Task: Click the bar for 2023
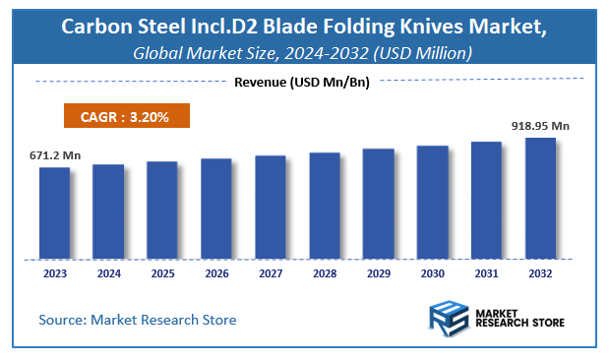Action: click(x=54, y=212)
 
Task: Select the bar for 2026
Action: click(x=216, y=208)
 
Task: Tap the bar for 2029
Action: click(x=378, y=204)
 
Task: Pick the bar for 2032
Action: click(x=540, y=198)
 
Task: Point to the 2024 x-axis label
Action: click(x=108, y=274)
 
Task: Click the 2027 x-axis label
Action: click(x=270, y=274)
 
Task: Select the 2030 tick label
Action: click(x=432, y=274)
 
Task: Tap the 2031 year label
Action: click(x=486, y=274)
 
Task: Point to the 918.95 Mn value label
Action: click(x=540, y=126)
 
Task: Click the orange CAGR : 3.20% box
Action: click(x=126, y=117)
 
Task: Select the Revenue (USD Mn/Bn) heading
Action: click(x=301, y=83)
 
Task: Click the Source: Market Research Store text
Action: click(x=138, y=320)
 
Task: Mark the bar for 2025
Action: click(x=162, y=210)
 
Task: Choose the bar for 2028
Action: click(x=324, y=206)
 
